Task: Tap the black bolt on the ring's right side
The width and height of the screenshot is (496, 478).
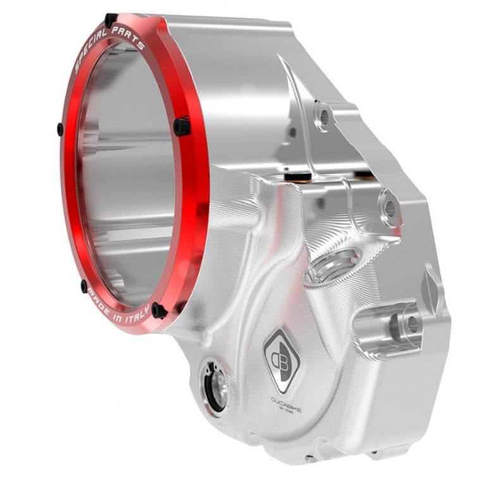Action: pyautogui.click(x=182, y=126)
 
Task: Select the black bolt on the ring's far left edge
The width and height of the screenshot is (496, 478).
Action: pyautogui.click(x=60, y=130)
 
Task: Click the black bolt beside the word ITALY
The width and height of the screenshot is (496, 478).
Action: pyautogui.click(x=159, y=311)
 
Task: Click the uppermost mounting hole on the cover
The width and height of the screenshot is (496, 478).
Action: pyautogui.click(x=323, y=117)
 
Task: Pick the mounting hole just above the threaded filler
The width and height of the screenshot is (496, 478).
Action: pyautogui.click(x=389, y=208)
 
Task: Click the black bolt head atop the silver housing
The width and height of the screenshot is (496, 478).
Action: pyautogui.click(x=297, y=172)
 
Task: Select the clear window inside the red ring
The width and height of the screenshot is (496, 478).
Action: pyautogui.click(x=127, y=171)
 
